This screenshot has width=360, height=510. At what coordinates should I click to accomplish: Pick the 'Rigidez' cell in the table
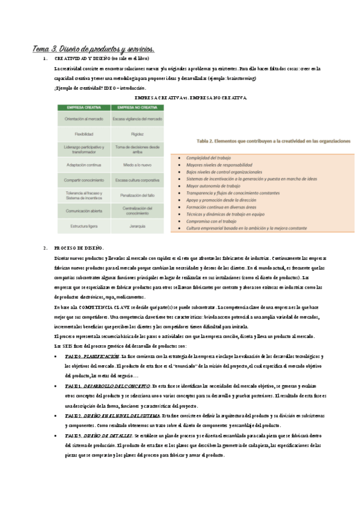(137, 134)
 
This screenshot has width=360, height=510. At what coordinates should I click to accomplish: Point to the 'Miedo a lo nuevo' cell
(137, 164)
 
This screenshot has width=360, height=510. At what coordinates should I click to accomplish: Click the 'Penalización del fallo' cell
(137, 195)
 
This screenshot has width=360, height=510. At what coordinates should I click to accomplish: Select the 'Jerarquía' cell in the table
(137, 226)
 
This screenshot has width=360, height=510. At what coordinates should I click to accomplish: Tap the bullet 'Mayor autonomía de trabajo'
(217, 186)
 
